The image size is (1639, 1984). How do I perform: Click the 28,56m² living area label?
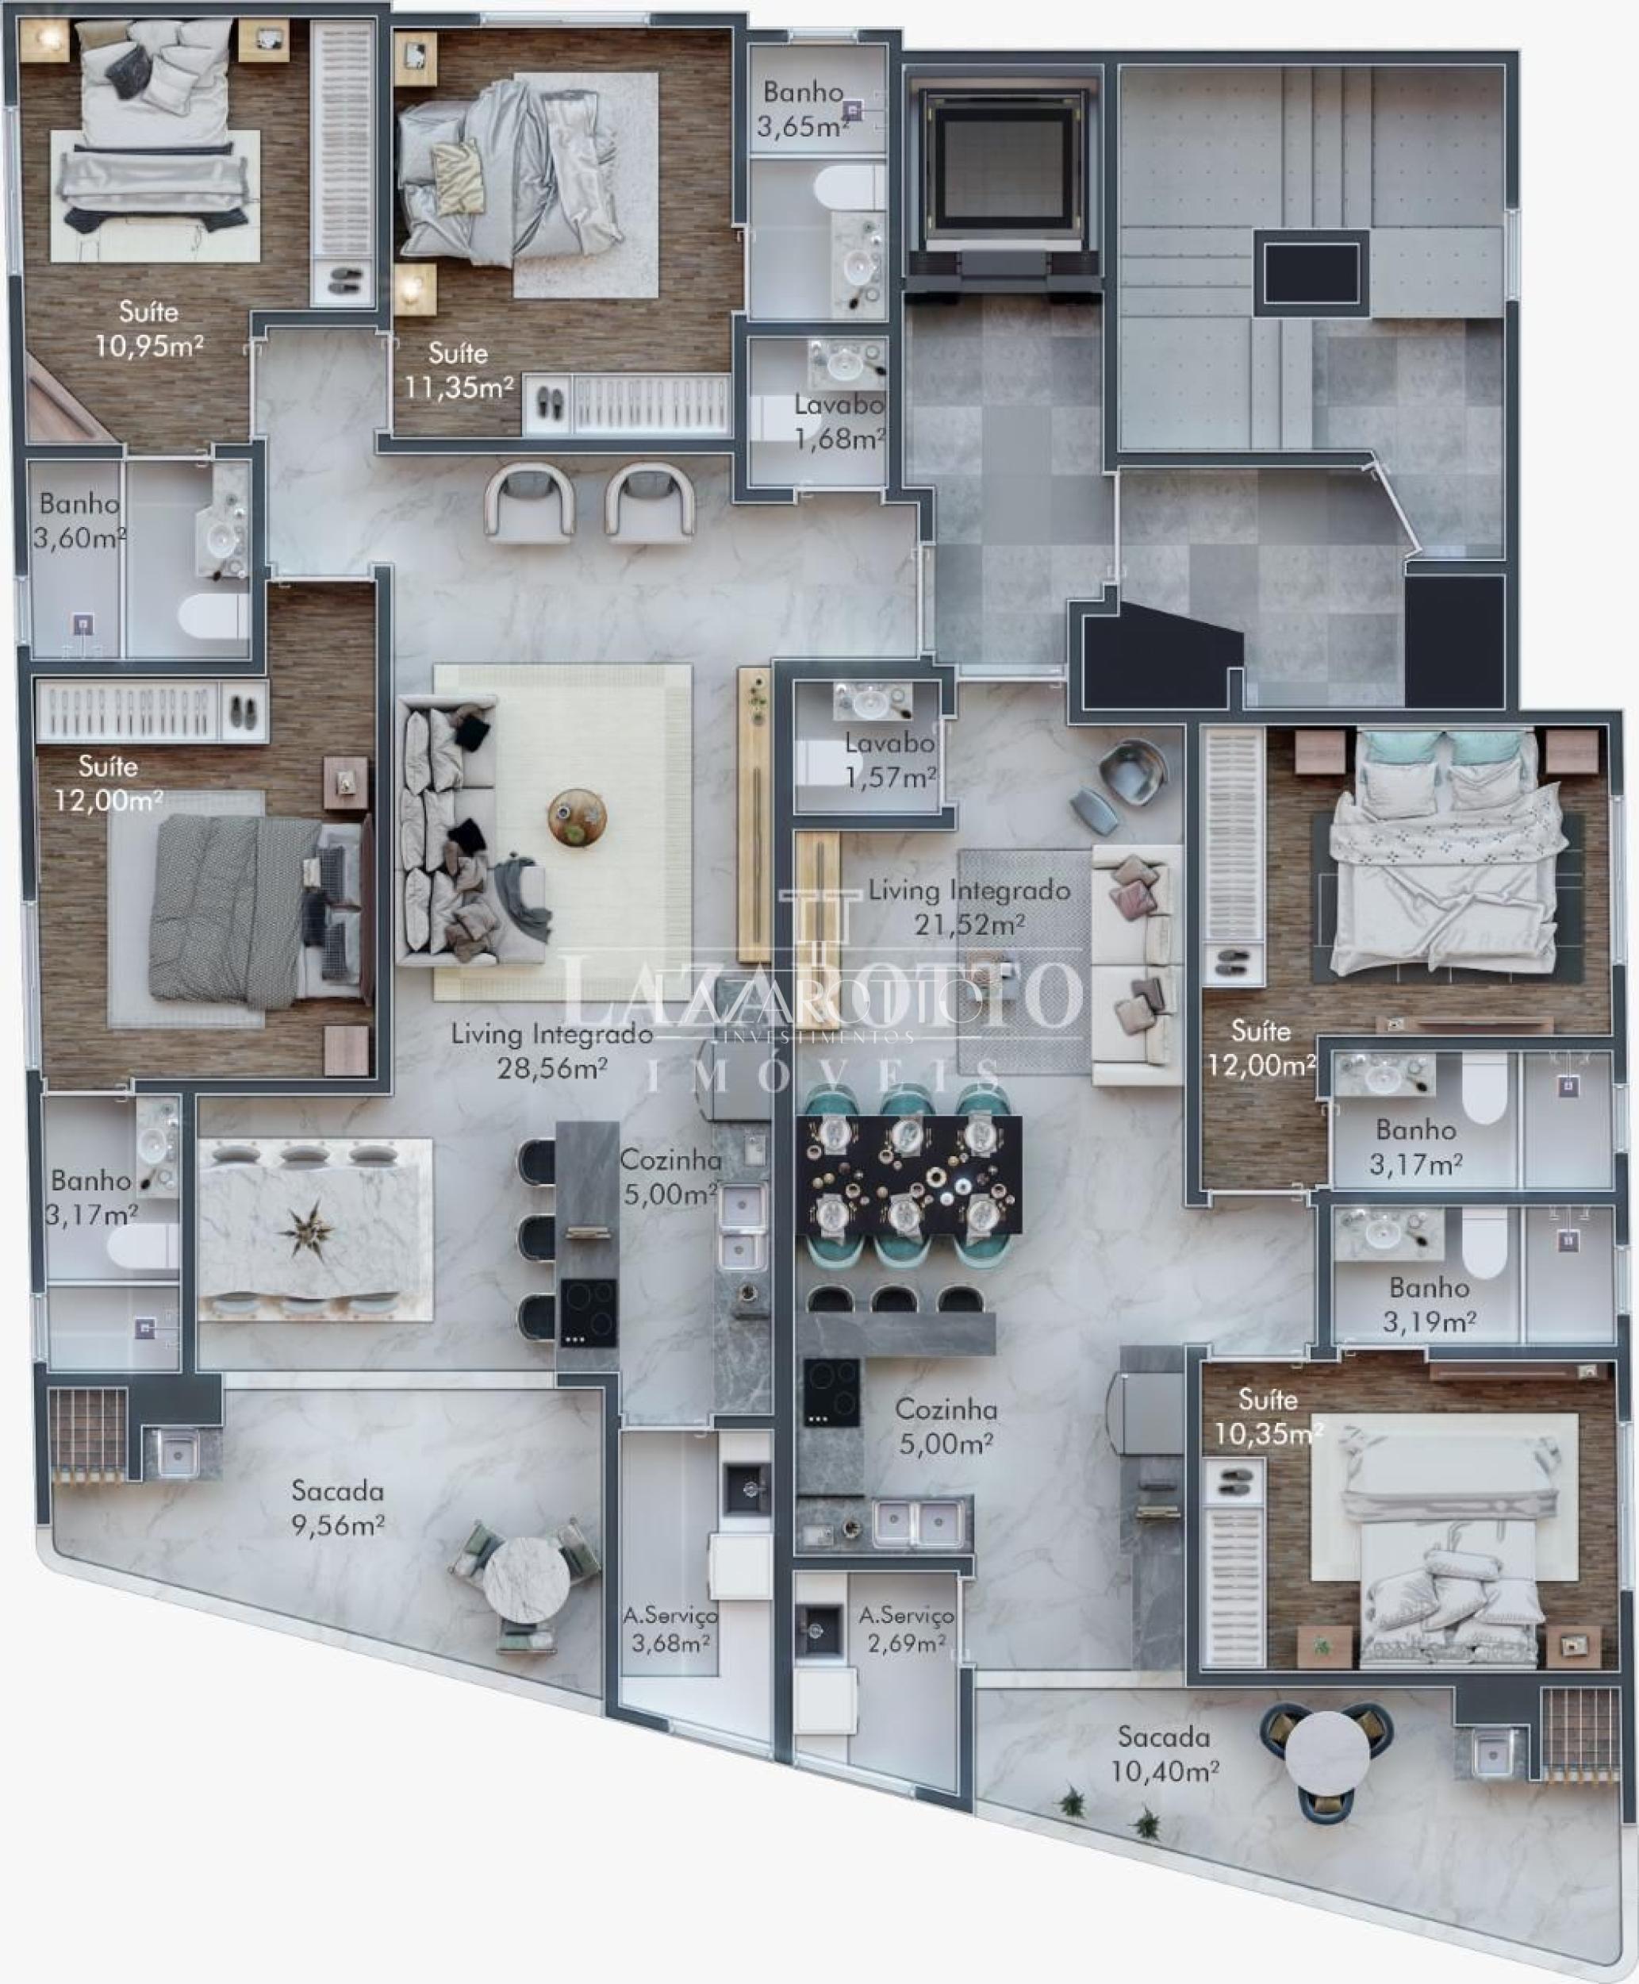[551, 1050]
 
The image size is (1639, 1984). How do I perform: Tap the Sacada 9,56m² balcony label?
[337, 1508]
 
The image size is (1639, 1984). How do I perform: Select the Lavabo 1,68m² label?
[839, 422]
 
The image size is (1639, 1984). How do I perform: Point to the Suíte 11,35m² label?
[459, 370]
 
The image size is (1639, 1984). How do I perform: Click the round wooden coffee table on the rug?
[577, 816]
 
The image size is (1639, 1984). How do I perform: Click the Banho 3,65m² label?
[803, 109]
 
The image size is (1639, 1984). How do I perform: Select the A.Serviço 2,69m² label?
[906, 1629]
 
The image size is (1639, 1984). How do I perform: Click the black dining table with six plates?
[908, 1175]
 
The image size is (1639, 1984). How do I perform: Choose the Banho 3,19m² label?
[1430, 1304]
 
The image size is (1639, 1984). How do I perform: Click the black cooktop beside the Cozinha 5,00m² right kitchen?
[831, 1393]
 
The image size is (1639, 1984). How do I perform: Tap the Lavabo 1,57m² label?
[889, 760]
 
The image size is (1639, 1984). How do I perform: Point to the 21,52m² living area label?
[969, 906]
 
